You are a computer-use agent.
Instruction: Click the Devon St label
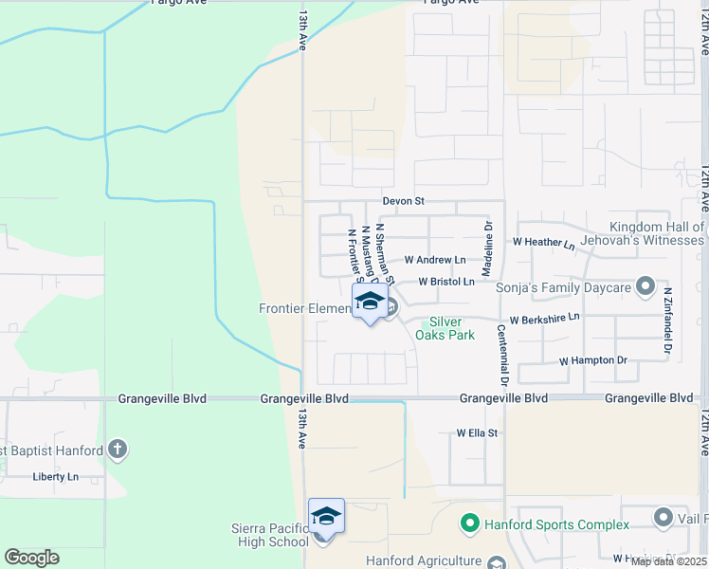pyautogui.click(x=403, y=201)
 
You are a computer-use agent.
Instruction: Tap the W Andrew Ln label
pyautogui.click(x=435, y=260)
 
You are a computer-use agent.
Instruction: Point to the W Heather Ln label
pyautogui.click(x=544, y=244)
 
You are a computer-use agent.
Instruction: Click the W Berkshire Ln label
pyautogui.click(x=544, y=320)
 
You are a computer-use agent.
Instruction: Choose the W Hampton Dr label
pyautogui.click(x=593, y=360)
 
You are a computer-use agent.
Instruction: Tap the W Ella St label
pyautogui.click(x=477, y=432)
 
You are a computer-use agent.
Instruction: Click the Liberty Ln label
pyautogui.click(x=56, y=476)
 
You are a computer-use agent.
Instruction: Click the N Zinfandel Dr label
pyautogui.click(x=667, y=321)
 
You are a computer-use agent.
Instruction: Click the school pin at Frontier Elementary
pyautogui.click(x=369, y=303)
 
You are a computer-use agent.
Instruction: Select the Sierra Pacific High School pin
pyautogui.click(x=325, y=517)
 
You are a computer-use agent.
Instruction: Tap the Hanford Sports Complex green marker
pyautogui.click(x=468, y=523)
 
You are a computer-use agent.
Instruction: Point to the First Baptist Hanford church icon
pyautogui.click(x=117, y=448)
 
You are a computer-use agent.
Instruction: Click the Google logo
pyautogui.click(x=31, y=558)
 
